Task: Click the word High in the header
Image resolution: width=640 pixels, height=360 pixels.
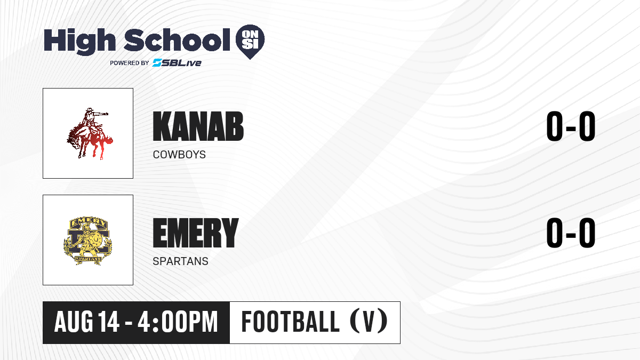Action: [80, 41]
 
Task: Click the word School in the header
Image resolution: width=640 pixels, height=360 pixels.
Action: [177, 39]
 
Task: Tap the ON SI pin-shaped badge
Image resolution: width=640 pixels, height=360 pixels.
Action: [250, 42]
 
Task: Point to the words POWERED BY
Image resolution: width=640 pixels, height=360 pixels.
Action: [130, 63]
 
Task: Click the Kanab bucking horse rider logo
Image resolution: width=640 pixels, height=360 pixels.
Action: [90, 133]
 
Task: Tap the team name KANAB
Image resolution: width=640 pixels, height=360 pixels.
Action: [198, 126]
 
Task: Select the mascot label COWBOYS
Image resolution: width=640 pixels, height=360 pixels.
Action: [179, 155]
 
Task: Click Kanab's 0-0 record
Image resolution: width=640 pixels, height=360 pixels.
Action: [571, 126]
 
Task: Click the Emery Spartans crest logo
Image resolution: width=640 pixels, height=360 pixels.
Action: [88, 241]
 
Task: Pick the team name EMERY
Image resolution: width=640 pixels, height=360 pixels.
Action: [195, 233]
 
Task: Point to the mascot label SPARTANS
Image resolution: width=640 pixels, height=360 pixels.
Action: [181, 261]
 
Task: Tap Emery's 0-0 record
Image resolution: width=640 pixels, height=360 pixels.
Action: [571, 233]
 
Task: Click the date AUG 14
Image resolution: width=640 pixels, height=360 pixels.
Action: [87, 322]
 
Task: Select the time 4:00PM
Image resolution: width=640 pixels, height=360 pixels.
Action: [178, 322]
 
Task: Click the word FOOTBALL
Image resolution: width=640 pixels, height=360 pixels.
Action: [290, 322]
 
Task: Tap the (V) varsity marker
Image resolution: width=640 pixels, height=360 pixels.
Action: [369, 322]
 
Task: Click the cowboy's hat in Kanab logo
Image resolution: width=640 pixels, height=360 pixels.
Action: [90, 110]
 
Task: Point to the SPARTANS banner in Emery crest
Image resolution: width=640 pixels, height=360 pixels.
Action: [87, 259]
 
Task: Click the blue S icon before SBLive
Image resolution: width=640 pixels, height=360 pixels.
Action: [157, 63]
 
